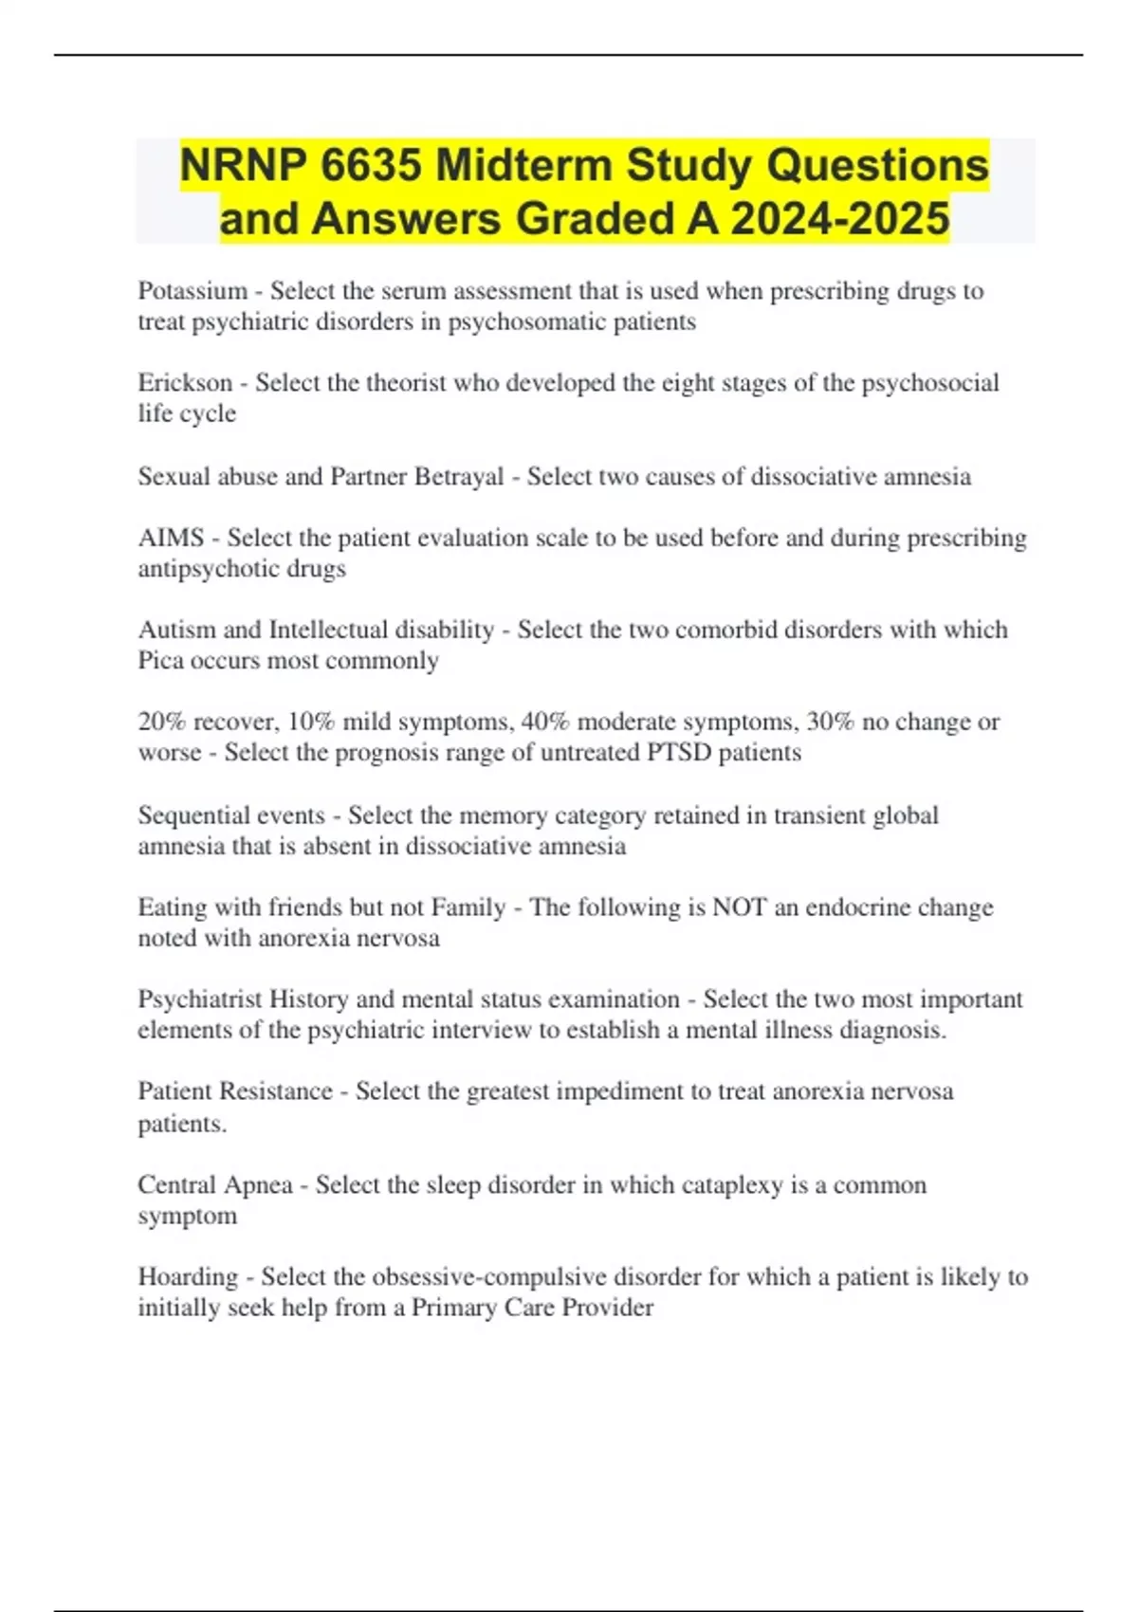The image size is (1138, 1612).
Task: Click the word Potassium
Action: (193, 291)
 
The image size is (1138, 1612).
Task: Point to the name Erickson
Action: (185, 383)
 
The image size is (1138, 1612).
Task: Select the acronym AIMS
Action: (171, 538)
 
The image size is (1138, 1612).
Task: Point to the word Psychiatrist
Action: (200, 999)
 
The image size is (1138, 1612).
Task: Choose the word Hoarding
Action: (188, 1277)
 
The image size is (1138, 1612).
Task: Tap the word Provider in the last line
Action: (608, 1308)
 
